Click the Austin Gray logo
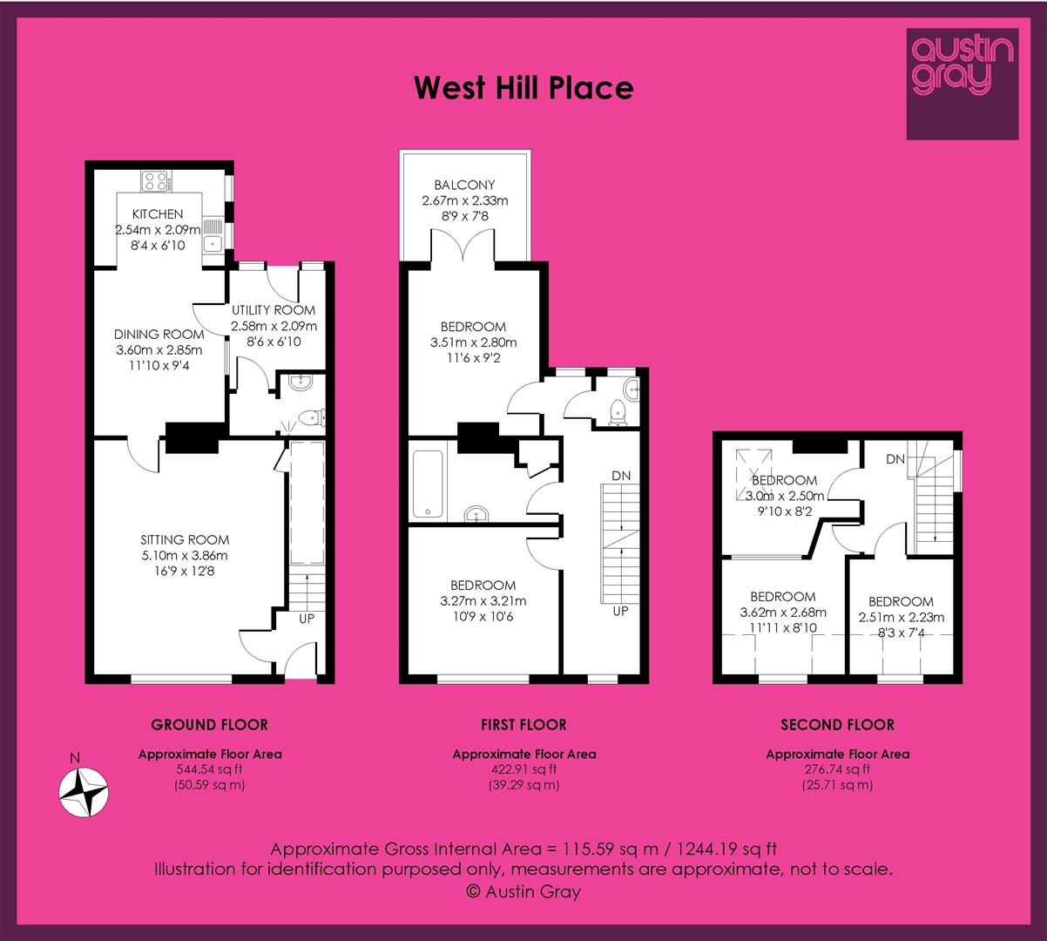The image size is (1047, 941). coord(963,84)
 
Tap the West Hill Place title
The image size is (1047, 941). coord(523,87)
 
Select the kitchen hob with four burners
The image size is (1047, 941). coord(156,181)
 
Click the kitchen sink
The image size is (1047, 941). coord(212,235)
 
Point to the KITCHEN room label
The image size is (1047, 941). coord(157,214)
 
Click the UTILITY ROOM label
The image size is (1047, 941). coord(274,310)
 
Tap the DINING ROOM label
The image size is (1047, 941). coord(159,335)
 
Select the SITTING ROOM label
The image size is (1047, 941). coord(185,540)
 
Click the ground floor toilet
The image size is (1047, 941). coord(312,417)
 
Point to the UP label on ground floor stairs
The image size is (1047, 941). coord(307,619)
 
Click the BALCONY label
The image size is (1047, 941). coord(464,185)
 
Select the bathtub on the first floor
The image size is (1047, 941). coord(428,484)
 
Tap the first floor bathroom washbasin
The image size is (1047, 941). coord(476,513)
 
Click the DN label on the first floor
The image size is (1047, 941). coord(621,476)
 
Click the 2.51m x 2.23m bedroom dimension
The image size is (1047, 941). coord(902,618)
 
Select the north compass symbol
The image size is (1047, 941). coord(84,793)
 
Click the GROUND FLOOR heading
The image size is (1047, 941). coord(209,725)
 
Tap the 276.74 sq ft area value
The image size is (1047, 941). coord(837,769)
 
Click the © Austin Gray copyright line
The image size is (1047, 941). coord(523,891)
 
